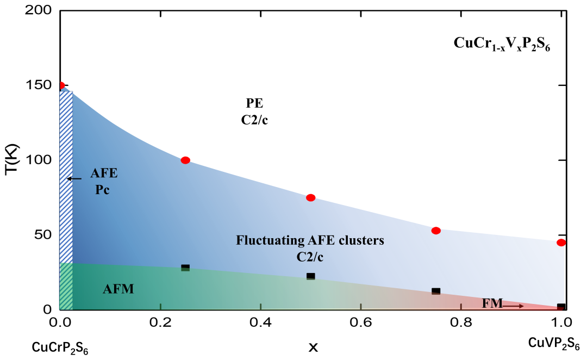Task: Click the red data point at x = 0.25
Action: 185,160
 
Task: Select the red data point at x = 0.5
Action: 310,197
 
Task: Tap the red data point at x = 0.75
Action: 435,231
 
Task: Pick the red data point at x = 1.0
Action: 561,243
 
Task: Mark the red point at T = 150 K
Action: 61,85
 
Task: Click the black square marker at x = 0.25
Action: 185,268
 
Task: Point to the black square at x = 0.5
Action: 310,276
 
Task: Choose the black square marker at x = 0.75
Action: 435,291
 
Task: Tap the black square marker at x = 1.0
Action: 561,307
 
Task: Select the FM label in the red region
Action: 492,303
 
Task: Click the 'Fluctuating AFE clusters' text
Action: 310,240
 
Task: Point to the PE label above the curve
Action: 254,103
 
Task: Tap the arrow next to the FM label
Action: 514,306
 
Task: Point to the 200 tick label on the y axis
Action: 39,10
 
